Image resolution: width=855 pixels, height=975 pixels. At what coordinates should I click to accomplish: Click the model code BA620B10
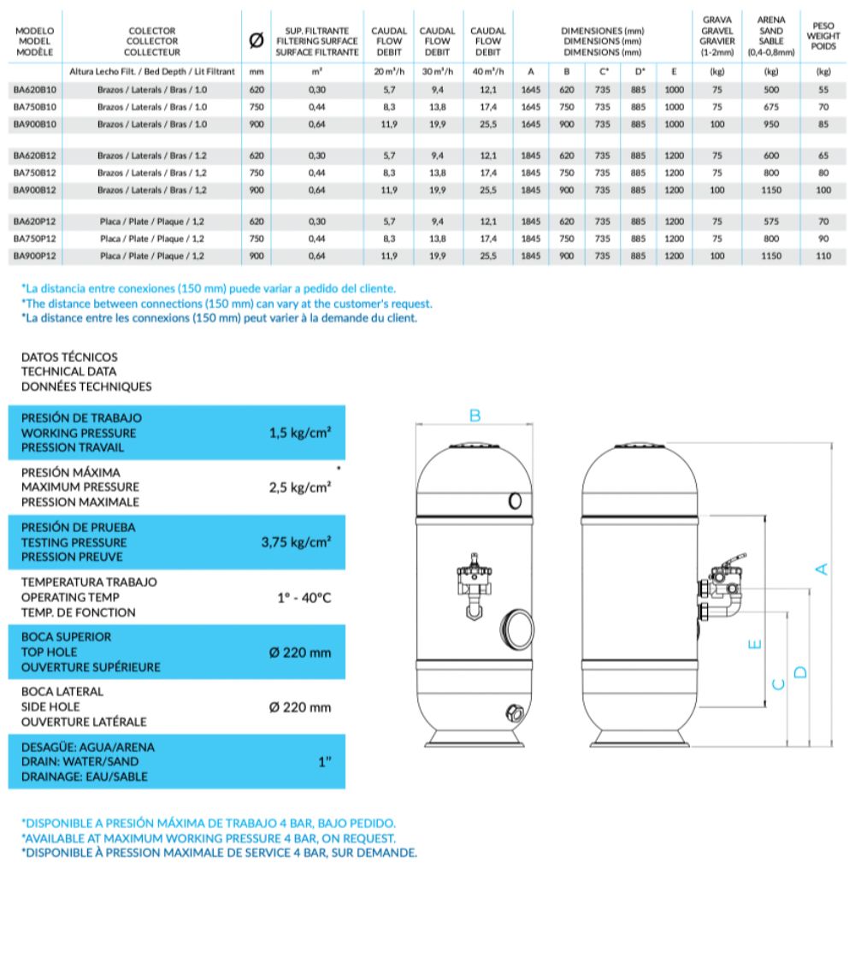pyautogui.click(x=34, y=89)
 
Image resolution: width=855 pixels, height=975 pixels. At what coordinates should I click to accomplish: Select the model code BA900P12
pyautogui.click(x=34, y=256)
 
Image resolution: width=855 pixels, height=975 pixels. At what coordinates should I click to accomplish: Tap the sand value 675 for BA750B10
pyautogui.click(x=770, y=107)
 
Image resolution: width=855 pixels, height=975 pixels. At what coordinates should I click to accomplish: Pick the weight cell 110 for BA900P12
pyautogui.click(x=823, y=256)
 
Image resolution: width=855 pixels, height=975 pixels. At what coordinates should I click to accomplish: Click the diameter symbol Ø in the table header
pyautogui.click(x=256, y=41)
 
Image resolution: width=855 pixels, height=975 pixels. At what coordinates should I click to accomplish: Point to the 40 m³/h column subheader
pyautogui.click(x=488, y=72)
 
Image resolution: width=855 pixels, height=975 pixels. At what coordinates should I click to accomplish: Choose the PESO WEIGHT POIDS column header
pyautogui.click(x=823, y=37)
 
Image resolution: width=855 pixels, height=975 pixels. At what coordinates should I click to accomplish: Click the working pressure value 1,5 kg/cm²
pyautogui.click(x=299, y=433)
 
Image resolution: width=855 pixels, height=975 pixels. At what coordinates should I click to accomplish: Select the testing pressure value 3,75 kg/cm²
pyautogui.click(x=296, y=542)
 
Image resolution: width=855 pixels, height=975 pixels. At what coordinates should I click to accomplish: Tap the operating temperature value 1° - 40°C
pyautogui.click(x=304, y=598)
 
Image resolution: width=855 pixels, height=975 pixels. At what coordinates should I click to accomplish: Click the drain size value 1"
pyautogui.click(x=325, y=762)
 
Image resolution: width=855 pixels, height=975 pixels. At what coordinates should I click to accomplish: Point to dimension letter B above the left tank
pyautogui.click(x=475, y=417)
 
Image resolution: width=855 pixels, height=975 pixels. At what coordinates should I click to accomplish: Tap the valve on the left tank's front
pyautogui.click(x=471, y=582)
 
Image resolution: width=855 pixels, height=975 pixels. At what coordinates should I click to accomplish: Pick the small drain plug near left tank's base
pyautogui.click(x=514, y=712)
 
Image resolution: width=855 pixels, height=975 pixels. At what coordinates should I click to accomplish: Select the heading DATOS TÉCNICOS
pyautogui.click(x=69, y=357)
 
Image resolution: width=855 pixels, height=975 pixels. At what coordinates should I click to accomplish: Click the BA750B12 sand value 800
pyautogui.click(x=770, y=173)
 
